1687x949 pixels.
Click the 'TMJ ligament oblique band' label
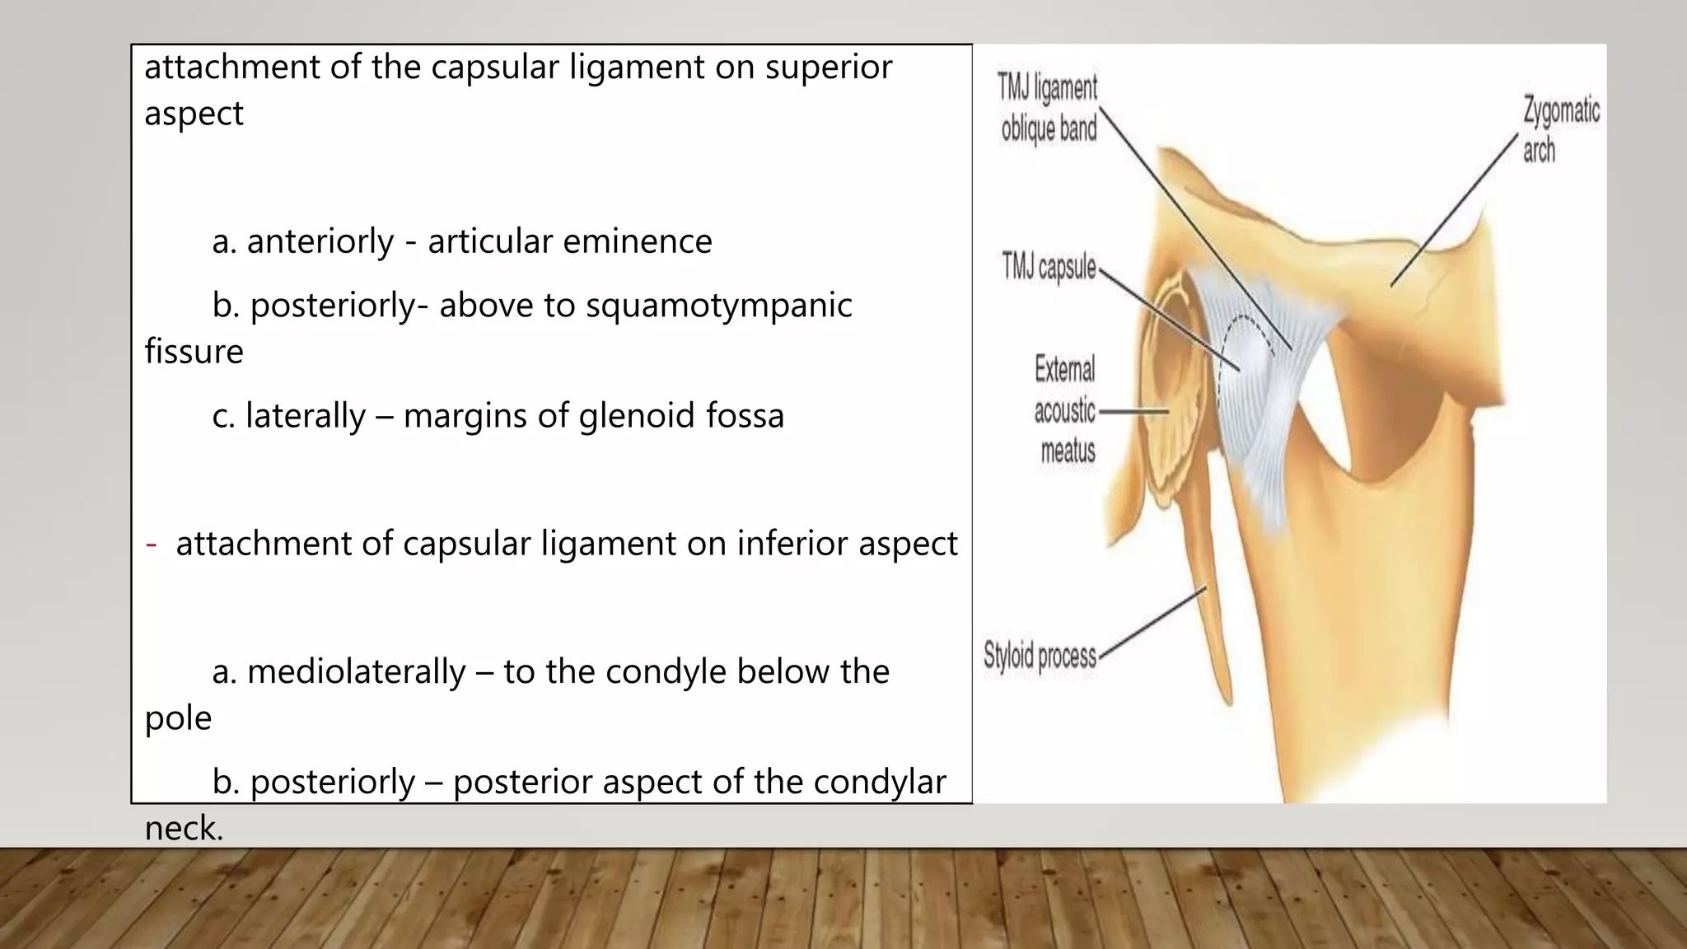pyautogui.click(x=1048, y=108)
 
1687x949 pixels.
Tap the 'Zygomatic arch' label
pyautogui.click(x=1560, y=130)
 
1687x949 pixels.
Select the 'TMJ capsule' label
pyautogui.click(x=1048, y=267)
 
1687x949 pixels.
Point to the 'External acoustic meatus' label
pyautogui.click(x=1065, y=409)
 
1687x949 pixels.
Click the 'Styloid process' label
pyautogui.click(x=1040, y=656)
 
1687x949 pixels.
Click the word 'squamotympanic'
pyautogui.click(x=719, y=306)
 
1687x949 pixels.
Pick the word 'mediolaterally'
pyautogui.click(x=356, y=672)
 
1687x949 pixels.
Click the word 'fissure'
pyautogui.click(x=194, y=352)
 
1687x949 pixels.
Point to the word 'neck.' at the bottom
pyautogui.click(x=184, y=828)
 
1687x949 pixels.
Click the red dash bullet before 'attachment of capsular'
pyautogui.click(x=151, y=545)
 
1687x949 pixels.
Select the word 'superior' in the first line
pyautogui.click(x=828, y=68)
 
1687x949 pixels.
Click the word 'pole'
pyautogui.click(x=178, y=718)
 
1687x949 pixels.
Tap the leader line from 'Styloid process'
pyautogui.click(x=1153, y=620)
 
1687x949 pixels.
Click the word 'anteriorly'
pyautogui.click(x=320, y=241)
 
